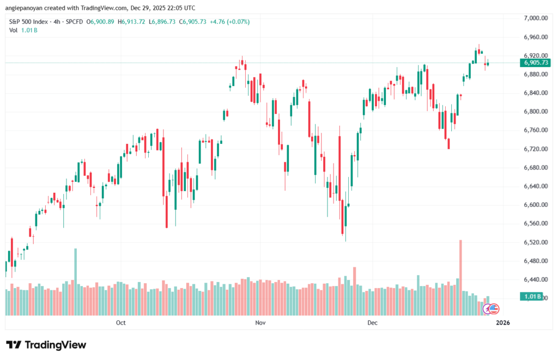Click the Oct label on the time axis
(121, 323)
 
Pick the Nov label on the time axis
(260, 323)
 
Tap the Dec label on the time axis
(372, 323)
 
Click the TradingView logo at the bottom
(46, 345)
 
